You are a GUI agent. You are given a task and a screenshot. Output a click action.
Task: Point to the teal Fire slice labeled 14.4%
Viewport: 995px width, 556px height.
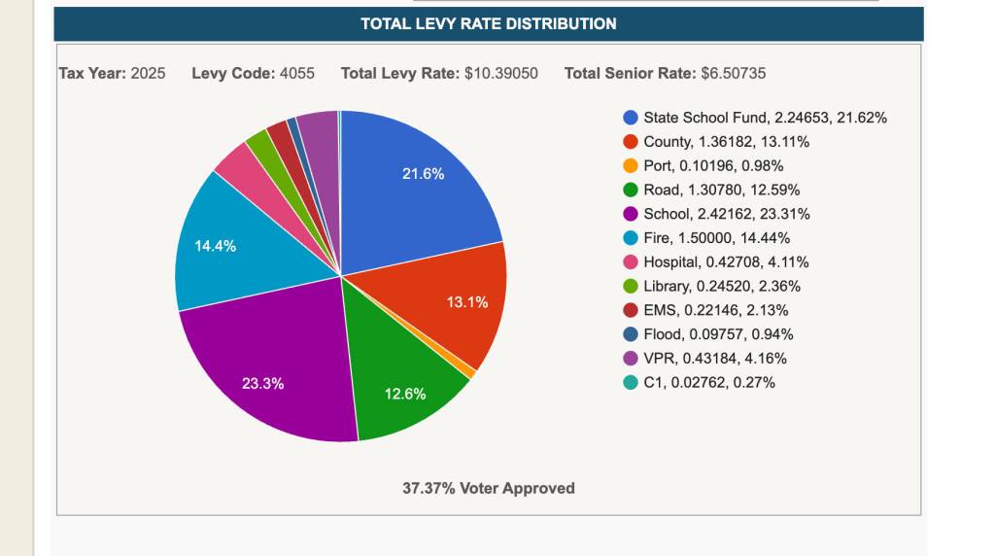point(223,253)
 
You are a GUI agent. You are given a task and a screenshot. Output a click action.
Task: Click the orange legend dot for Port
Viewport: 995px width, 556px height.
point(631,165)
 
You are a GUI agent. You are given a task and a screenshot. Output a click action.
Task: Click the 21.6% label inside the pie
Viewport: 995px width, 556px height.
point(424,174)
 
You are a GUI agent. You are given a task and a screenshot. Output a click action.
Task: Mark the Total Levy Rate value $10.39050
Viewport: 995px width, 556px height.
point(501,74)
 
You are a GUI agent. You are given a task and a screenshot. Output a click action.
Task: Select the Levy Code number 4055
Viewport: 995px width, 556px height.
point(297,74)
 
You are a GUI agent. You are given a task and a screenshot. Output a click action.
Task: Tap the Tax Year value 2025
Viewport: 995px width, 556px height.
point(148,74)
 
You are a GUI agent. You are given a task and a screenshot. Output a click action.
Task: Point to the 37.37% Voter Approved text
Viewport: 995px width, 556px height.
point(489,488)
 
